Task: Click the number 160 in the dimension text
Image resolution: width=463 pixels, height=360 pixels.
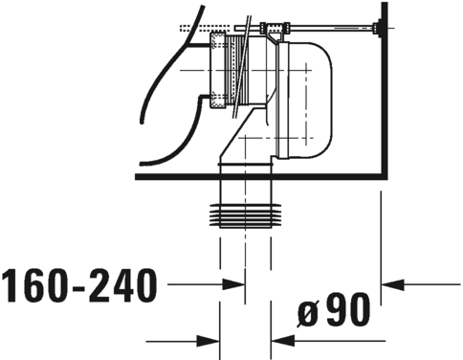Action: click(x=35, y=285)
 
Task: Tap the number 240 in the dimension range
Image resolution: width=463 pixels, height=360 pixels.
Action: click(x=122, y=285)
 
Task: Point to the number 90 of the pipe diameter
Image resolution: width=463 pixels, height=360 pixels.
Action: click(x=348, y=309)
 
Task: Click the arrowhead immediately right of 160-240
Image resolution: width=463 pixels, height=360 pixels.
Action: click(x=233, y=284)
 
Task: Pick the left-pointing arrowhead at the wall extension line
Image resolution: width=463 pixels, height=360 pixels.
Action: click(x=392, y=284)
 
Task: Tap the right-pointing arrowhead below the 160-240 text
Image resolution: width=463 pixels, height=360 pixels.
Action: click(x=209, y=341)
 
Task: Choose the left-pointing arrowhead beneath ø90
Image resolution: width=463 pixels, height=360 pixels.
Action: click(x=283, y=341)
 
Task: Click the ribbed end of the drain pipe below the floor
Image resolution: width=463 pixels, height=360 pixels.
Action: click(x=246, y=216)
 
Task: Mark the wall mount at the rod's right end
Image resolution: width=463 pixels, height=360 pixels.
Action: click(x=379, y=29)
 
